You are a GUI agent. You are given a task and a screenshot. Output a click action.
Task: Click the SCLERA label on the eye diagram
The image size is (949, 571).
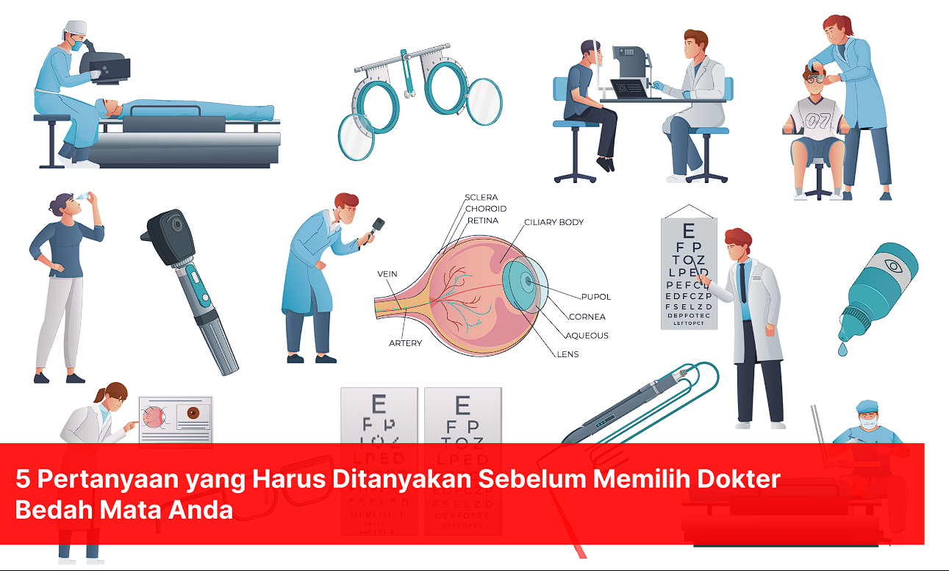481,198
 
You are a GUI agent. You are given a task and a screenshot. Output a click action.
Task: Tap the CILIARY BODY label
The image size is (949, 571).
554,222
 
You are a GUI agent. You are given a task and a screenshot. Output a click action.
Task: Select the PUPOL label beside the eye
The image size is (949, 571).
595,297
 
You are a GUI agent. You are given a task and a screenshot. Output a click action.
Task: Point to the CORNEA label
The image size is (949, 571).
587,317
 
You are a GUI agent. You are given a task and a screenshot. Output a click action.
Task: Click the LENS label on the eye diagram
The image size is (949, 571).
567,354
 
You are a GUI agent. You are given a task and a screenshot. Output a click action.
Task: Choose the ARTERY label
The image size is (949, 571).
405,343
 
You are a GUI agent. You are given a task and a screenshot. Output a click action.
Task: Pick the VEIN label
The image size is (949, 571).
387,274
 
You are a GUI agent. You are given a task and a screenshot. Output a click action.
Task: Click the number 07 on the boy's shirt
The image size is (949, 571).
816,120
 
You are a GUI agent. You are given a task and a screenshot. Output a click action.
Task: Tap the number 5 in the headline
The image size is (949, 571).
23,480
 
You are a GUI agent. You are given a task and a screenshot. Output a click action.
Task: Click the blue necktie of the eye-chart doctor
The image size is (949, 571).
744,283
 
